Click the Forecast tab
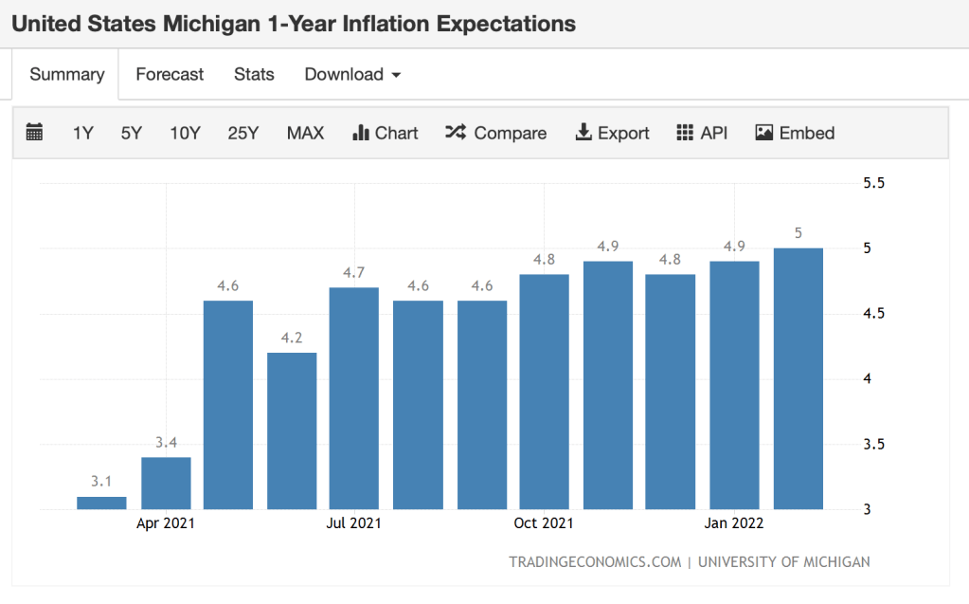tap(170, 74)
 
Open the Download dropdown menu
tap(352, 74)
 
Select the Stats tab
tap(254, 74)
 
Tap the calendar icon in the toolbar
tap(34, 133)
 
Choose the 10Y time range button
tap(185, 133)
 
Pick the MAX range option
tap(305, 133)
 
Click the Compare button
tap(495, 133)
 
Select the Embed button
tap(795, 133)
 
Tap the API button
tap(702, 133)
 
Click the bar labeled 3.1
tap(101, 503)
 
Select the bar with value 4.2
tap(292, 431)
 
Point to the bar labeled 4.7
tap(354, 398)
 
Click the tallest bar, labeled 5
tap(799, 379)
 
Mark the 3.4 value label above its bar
tap(166, 441)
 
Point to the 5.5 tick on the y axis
tap(873, 183)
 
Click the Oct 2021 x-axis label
tap(544, 523)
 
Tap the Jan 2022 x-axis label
tap(733, 523)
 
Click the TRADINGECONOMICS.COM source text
tap(595, 561)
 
